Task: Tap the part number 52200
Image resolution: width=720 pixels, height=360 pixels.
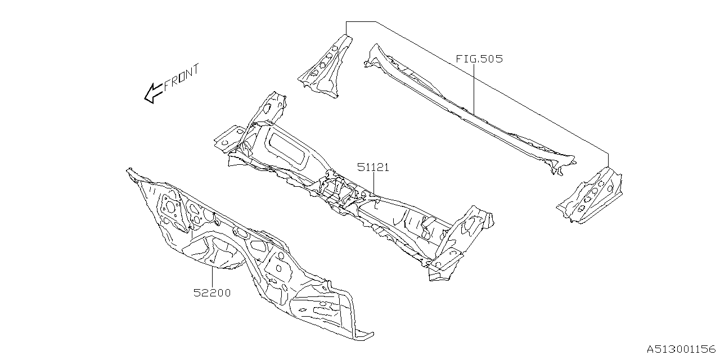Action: tap(212, 293)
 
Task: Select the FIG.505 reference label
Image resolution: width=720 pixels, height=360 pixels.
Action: tap(479, 58)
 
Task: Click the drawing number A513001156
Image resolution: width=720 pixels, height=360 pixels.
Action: tap(679, 349)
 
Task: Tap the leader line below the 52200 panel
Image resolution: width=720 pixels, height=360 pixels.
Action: tap(212, 276)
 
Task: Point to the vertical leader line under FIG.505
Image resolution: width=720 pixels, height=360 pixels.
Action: tap(474, 87)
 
